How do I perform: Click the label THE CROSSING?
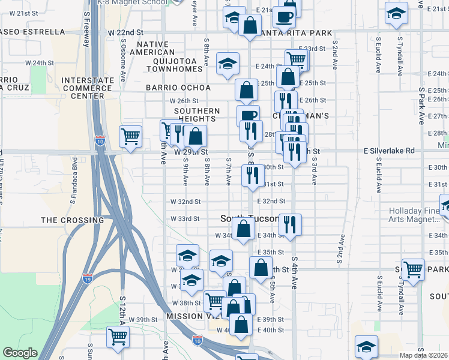click(x=72, y=220)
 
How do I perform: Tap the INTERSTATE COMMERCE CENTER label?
click(x=86, y=88)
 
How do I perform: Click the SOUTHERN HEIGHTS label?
click(x=197, y=115)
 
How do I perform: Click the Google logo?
click(x=19, y=353)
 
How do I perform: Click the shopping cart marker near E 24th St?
click(x=297, y=59)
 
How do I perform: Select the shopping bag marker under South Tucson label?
click(x=243, y=228)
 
